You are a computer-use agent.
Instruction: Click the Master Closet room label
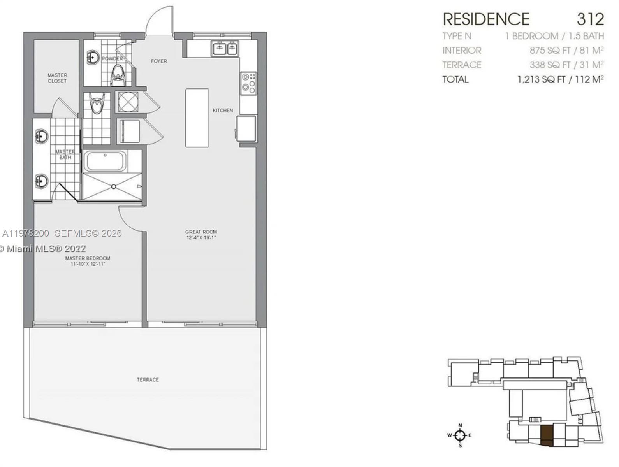(x=57, y=78)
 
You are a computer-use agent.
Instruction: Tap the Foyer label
(x=159, y=61)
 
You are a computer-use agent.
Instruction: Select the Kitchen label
(x=223, y=111)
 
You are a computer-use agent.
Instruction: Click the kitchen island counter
(x=197, y=118)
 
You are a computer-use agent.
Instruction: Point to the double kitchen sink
(x=225, y=48)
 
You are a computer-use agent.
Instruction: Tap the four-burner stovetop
(x=248, y=83)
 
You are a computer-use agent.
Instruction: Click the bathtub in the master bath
(x=105, y=162)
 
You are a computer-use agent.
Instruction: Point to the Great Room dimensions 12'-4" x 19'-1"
(x=201, y=237)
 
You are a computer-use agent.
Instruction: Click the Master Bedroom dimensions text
(x=88, y=264)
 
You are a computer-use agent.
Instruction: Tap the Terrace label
(x=148, y=379)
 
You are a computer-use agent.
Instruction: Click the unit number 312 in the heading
(x=590, y=19)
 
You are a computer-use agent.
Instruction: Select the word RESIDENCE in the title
(x=486, y=19)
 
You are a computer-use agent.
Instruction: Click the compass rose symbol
(x=460, y=435)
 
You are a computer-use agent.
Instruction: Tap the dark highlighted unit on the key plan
(x=547, y=435)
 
